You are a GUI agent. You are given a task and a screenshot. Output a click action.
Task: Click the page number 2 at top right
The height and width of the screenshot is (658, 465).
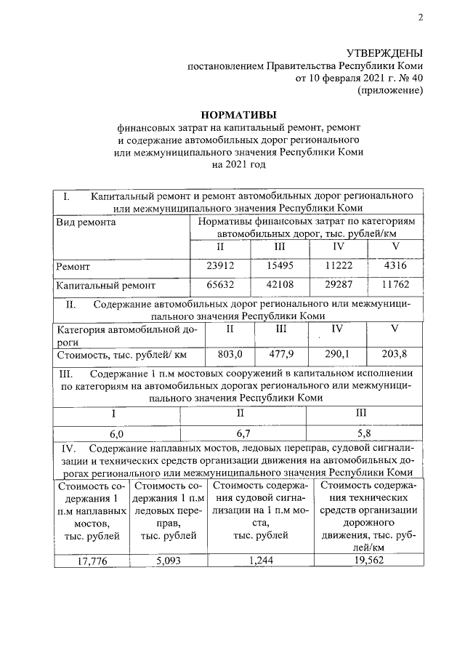coord(420,17)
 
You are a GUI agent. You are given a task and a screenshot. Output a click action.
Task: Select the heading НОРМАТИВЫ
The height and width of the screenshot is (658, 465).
coord(238,114)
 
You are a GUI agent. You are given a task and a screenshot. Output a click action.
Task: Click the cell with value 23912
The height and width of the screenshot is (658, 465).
coord(221,267)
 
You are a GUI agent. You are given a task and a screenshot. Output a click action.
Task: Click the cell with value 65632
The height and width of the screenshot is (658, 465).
coord(221,286)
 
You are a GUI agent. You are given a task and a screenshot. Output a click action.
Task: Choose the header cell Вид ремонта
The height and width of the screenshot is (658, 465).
coord(86,222)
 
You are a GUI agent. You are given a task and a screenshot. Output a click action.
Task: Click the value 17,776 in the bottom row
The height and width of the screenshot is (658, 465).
coord(92,561)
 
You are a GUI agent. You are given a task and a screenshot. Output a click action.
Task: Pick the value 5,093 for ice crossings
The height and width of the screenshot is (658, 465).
coord(168,561)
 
